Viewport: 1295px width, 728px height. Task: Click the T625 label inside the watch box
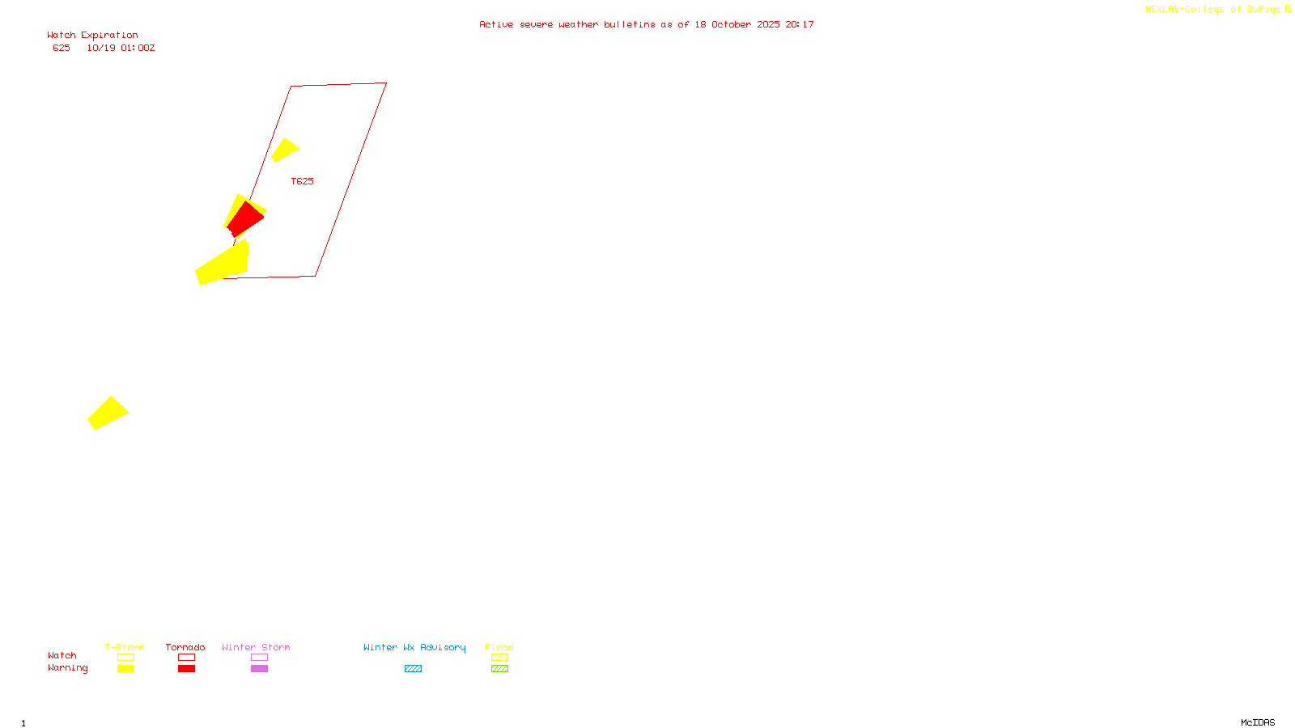pos(302,181)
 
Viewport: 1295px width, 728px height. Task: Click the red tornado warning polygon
pos(245,219)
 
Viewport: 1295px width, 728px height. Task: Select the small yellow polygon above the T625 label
pos(284,150)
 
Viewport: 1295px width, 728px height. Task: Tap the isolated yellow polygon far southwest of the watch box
pos(108,413)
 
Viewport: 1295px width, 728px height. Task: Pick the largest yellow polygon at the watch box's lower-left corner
pos(223,265)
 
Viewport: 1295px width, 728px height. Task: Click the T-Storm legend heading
pos(125,647)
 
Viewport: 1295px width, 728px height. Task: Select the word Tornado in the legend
pos(185,647)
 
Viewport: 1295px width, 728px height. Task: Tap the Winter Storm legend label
pos(256,647)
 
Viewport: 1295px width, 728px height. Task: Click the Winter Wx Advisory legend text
pos(414,647)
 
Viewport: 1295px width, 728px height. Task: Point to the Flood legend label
pos(499,647)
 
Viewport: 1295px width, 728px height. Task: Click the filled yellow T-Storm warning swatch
pos(125,669)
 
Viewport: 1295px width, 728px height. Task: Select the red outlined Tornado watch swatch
pos(186,658)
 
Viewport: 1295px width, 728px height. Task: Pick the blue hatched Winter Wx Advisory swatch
pos(413,669)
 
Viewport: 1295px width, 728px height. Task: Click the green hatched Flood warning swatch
pos(499,669)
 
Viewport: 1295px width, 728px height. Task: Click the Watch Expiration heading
pos(92,35)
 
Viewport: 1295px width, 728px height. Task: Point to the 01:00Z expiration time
pos(138,48)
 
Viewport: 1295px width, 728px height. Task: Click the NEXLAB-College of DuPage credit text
pos(1212,10)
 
